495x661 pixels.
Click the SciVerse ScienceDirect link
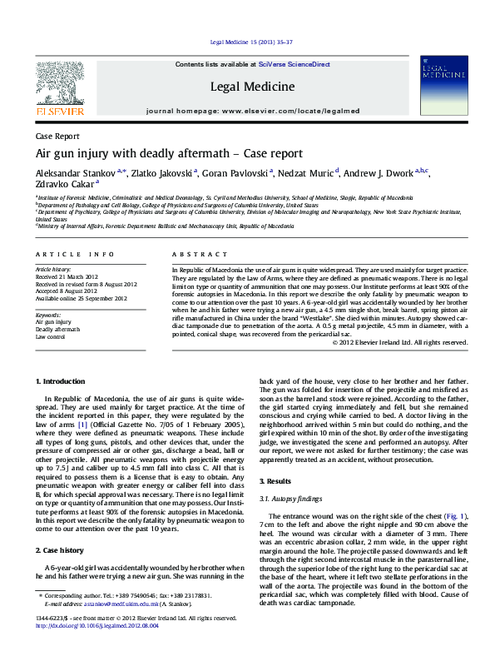(294, 64)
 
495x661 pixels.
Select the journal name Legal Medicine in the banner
(252, 86)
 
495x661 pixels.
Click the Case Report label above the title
(57, 136)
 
